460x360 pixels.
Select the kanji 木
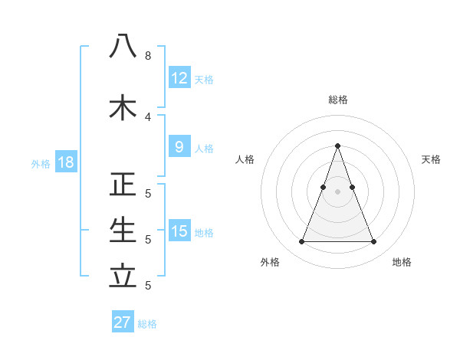pos(123,107)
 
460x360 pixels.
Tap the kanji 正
pos(123,185)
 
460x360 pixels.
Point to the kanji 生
pos(123,231)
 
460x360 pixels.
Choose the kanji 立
pos(123,277)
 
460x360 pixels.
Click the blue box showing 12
pos(179,78)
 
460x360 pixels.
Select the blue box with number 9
pos(179,147)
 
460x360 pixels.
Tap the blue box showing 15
pos(179,231)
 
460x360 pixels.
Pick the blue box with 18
pos(65,162)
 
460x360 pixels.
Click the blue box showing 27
pos(123,322)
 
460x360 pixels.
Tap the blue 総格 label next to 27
pos(147,324)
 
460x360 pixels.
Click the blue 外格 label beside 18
pos(41,163)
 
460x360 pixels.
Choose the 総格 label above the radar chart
pos(337,100)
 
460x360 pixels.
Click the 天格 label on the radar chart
pos(431,159)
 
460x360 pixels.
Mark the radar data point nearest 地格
pos(373,242)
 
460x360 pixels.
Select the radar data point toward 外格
pos(301,242)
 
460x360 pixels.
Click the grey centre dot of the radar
pos(337,191)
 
